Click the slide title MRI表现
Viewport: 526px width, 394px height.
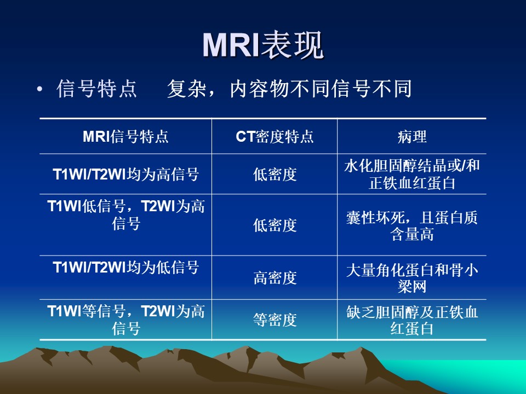tap(263, 45)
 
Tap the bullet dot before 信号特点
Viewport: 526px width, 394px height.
tap(40, 89)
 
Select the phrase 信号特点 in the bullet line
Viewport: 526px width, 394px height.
tap(96, 89)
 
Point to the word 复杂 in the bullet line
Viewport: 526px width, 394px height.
tap(186, 89)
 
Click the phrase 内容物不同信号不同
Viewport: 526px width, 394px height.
tap(321, 89)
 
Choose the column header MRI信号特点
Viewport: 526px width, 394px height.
tap(125, 137)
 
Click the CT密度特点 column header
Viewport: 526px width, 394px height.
tap(275, 137)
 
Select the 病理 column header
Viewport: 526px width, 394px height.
tap(412, 137)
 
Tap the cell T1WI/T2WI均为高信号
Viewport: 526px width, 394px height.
tap(125, 174)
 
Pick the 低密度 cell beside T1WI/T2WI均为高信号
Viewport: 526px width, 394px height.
tap(275, 174)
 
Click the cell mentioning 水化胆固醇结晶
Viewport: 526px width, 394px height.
tap(412, 174)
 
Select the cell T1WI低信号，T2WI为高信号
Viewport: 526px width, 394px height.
tap(125, 215)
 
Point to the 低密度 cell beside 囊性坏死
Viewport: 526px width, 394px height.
tap(275, 225)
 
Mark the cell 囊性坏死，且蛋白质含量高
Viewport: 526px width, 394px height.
tap(412, 225)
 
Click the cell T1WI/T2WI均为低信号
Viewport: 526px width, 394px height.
tap(125, 268)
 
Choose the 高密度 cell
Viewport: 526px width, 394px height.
tap(275, 278)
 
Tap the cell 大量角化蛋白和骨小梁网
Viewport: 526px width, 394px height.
tap(412, 278)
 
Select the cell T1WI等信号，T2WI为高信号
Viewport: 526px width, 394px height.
tap(125, 320)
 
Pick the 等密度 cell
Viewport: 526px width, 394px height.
tap(275, 320)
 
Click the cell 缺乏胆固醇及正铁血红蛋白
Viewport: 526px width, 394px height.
tap(412, 320)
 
